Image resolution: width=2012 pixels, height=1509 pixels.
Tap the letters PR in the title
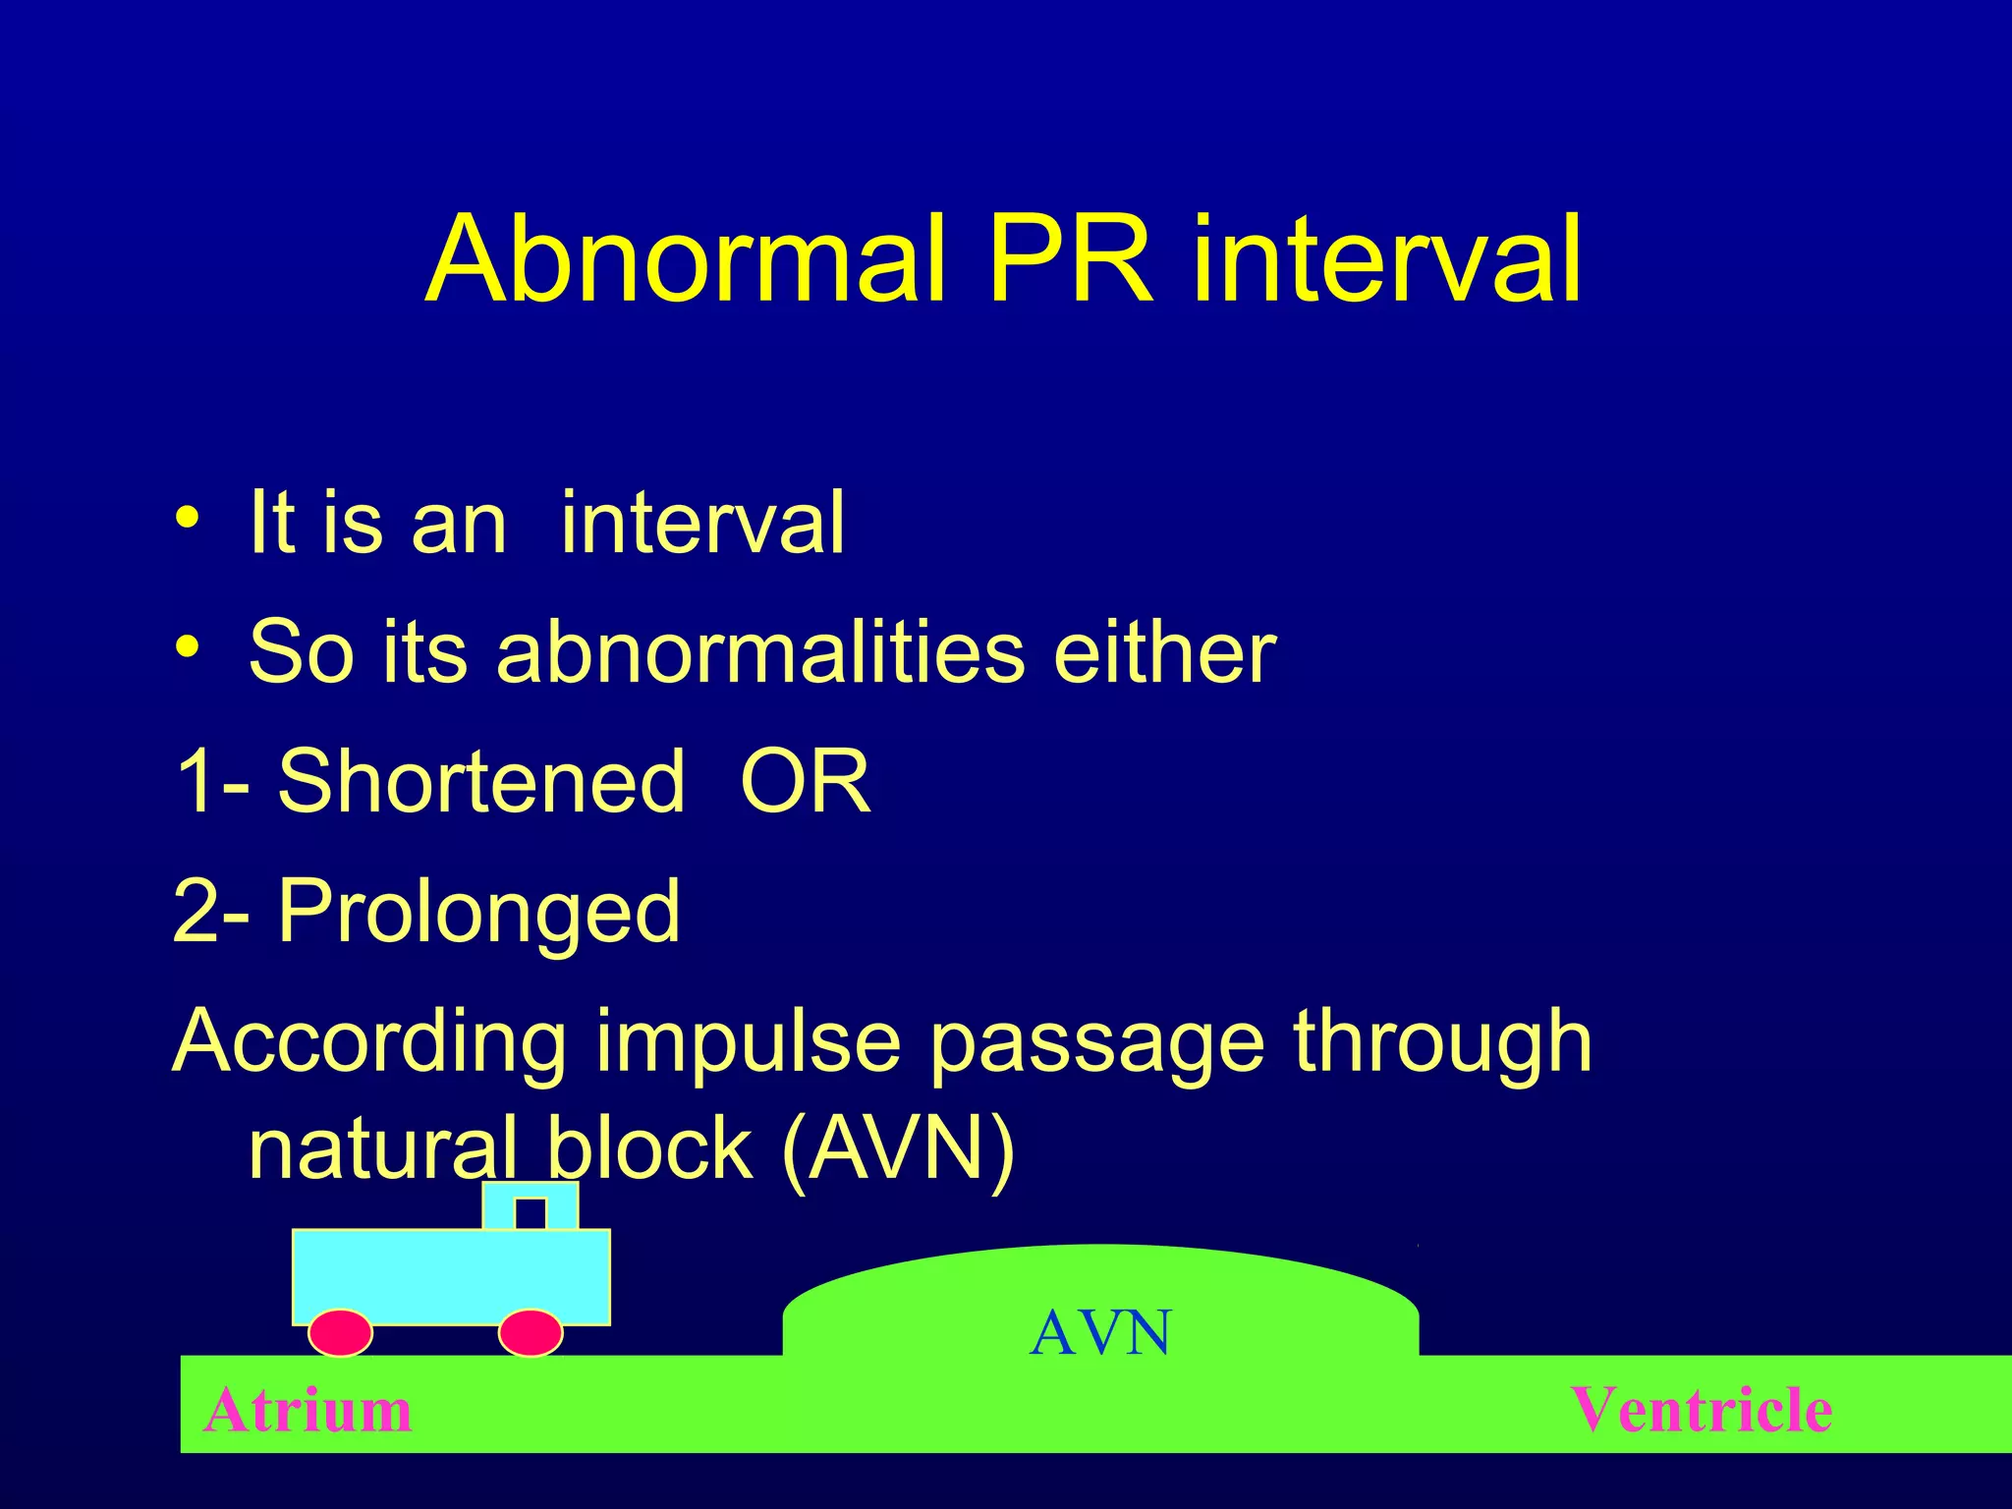[x=1071, y=260]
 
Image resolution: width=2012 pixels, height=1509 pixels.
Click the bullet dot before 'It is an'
[x=188, y=518]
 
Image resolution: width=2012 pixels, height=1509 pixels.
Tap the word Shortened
[x=480, y=781]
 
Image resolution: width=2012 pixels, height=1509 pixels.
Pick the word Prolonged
[x=478, y=912]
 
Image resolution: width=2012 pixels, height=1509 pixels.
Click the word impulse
[x=747, y=1041]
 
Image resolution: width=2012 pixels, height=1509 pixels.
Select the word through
[x=1441, y=1041]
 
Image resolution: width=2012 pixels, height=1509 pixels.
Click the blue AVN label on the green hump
[x=1100, y=1333]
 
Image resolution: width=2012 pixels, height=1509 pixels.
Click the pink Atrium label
[x=307, y=1410]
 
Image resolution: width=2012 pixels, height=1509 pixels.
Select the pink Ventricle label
[x=1701, y=1410]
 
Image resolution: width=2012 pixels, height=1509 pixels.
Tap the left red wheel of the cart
[x=340, y=1333]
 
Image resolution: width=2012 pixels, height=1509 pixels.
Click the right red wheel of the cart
[x=531, y=1333]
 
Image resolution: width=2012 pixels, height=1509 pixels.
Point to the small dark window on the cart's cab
[x=531, y=1213]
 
